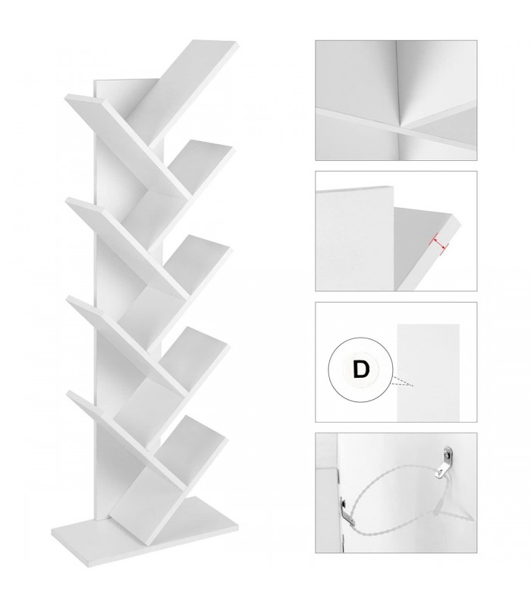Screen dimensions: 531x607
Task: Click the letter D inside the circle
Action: click(361, 370)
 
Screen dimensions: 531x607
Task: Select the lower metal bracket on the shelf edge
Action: click(347, 510)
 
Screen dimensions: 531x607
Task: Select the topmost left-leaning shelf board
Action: click(127, 145)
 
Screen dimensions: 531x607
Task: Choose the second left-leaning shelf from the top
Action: click(127, 247)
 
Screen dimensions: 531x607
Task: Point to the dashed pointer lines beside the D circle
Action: click(403, 381)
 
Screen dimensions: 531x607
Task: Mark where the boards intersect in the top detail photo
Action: click(400, 127)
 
